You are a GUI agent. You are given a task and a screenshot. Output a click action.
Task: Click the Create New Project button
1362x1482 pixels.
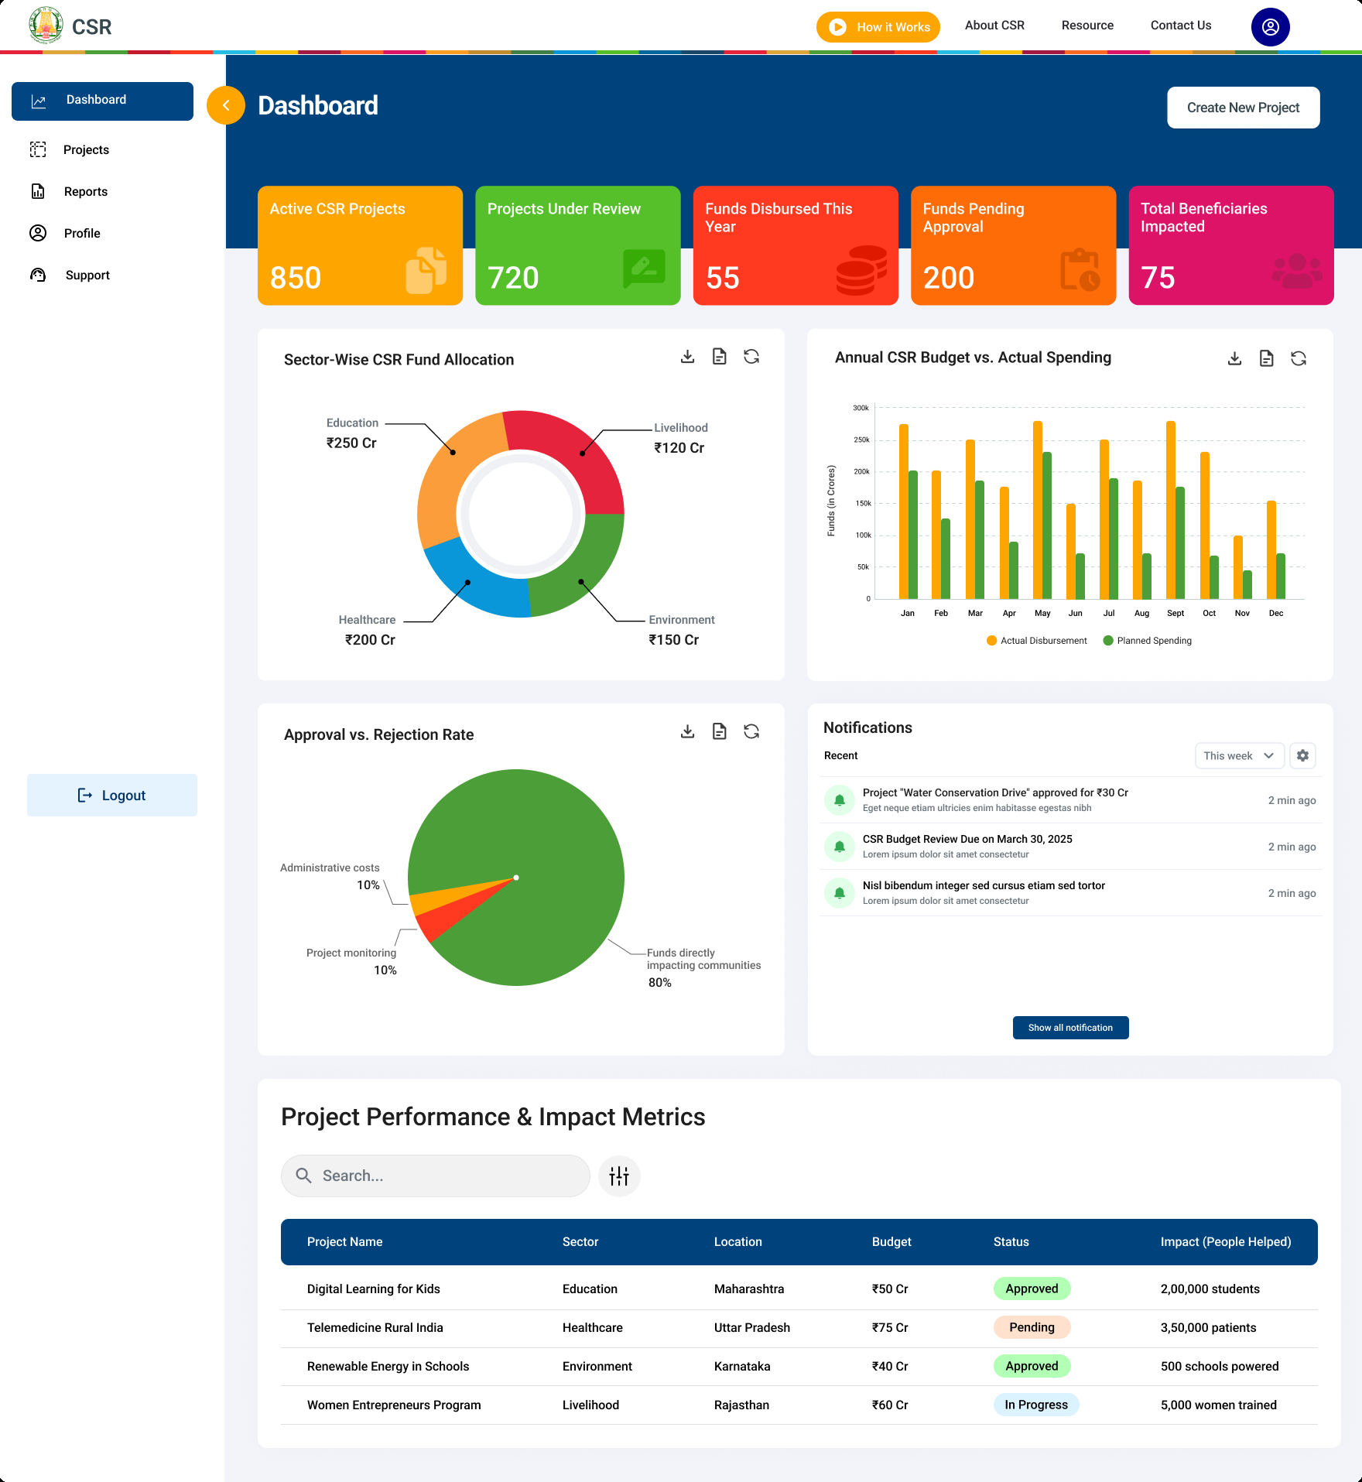click(x=1243, y=108)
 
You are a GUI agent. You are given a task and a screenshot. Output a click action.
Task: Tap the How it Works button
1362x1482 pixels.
click(x=878, y=27)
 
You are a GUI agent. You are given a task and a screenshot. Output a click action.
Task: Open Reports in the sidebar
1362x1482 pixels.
click(x=85, y=191)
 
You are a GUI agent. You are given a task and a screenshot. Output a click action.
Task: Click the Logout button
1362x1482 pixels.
click(x=112, y=795)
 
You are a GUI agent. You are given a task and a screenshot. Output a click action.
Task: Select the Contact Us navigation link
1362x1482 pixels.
click(x=1180, y=26)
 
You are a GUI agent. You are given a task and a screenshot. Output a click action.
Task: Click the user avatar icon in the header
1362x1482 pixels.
click(x=1270, y=27)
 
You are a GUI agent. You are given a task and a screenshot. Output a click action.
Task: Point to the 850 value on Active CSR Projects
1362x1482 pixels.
click(x=295, y=278)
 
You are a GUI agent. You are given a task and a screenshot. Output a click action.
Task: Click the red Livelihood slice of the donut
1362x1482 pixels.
click(x=573, y=449)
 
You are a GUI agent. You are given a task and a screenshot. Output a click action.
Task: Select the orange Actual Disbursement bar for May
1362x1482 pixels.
click(x=1038, y=511)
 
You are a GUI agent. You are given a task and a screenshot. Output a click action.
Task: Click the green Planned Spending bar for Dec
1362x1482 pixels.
click(x=1281, y=577)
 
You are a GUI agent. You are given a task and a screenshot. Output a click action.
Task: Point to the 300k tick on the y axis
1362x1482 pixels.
click(x=861, y=408)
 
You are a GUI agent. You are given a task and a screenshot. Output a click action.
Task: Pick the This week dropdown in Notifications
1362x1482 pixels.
click(x=1239, y=755)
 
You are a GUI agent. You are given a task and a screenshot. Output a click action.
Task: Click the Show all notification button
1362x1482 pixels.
click(x=1070, y=1028)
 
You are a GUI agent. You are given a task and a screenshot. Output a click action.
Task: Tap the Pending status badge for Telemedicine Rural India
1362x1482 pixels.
click(x=1032, y=1327)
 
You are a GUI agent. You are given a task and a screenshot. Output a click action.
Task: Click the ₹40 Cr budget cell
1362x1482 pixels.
click(x=890, y=1366)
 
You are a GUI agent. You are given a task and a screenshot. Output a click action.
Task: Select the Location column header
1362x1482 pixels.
click(x=737, y=1241)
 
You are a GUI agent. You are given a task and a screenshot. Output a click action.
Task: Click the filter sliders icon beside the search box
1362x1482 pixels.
click(x=619, y=1176)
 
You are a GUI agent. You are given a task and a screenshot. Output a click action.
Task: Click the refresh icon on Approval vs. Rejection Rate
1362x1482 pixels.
click(x=751, y=731)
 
